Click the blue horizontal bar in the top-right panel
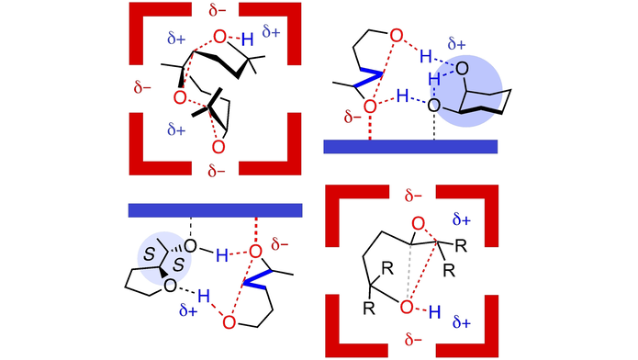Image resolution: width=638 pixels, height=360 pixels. pos(410,147)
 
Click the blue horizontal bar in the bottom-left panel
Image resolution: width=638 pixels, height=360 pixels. pos(215,210)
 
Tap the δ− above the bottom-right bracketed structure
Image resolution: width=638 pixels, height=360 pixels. pos(415,196)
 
